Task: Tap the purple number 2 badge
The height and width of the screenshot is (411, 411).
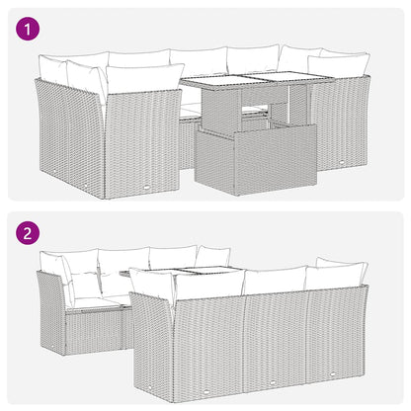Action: pos(31,236)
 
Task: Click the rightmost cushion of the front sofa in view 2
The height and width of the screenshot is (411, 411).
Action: pos(336,278)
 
